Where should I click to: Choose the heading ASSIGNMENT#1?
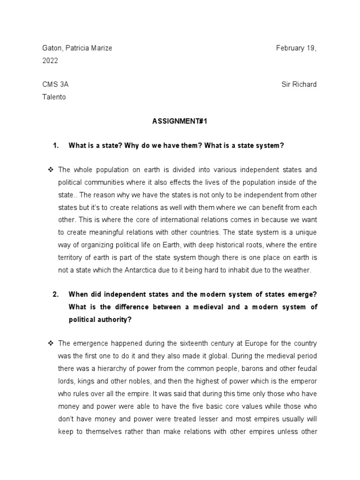point(180,121)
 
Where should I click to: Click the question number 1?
point(56,145)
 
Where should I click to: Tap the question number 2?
point(56,294)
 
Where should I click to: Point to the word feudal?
point(306,368)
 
